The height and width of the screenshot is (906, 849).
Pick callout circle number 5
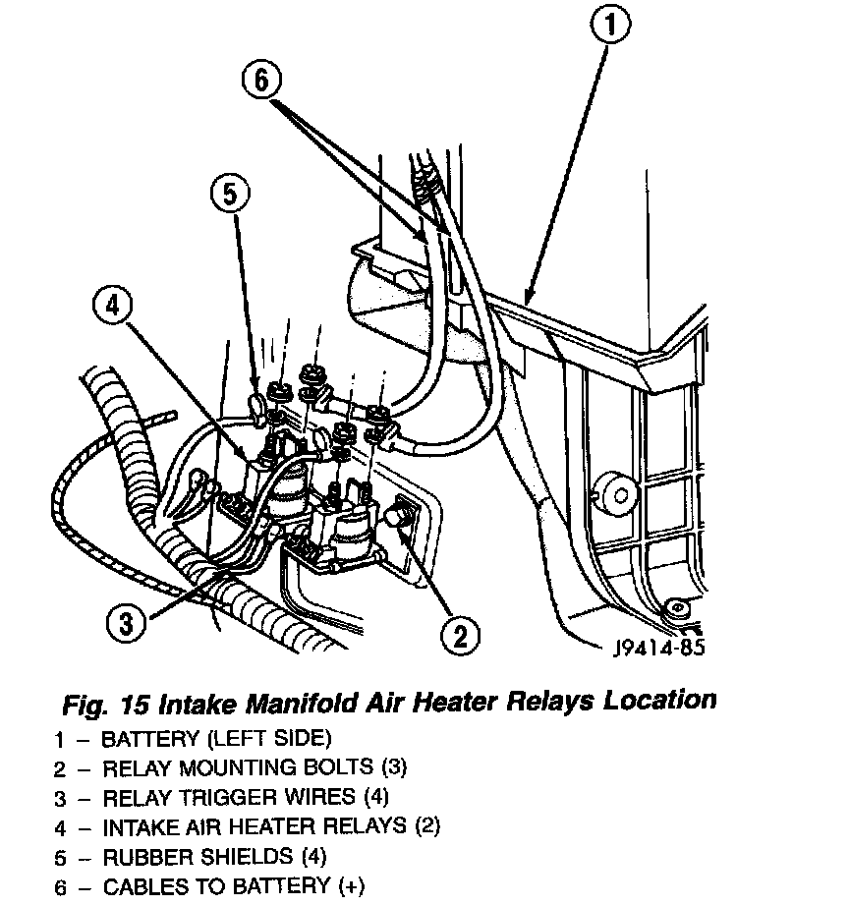230,196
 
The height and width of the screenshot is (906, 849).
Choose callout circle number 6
261,80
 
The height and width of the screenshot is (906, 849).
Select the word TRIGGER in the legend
222,796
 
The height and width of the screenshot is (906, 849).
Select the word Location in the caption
660,702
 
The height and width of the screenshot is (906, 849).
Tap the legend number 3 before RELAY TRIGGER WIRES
60,797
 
